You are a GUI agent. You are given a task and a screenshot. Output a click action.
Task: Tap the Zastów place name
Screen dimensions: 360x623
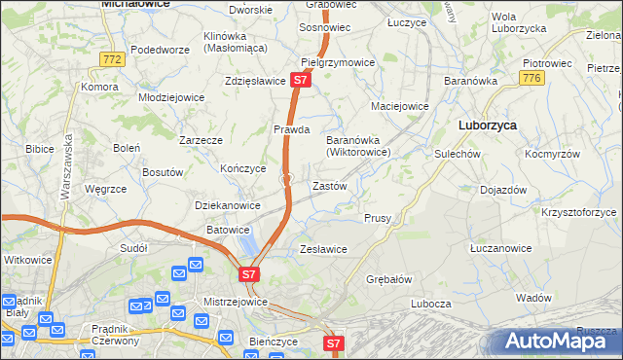pyautogui.click(x=329, y=185)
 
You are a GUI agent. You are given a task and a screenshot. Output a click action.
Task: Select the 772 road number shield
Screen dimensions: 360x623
pyautogui.click(x=113, y=60)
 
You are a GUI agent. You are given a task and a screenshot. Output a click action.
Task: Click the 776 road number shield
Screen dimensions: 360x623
pyautogui.click(x=531, y=78)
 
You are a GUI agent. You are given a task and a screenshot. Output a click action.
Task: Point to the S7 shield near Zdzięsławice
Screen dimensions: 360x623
pyautogui.click(x=301, y=81)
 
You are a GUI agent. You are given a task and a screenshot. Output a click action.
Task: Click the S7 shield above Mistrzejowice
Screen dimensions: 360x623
pyautogui.click(x=249, y=275)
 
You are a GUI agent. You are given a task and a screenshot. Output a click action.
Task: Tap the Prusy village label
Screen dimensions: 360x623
pyautogui.click(x=378, y=219)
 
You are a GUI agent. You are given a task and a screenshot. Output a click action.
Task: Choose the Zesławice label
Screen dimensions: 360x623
pyautogui.click(x=323, y=249)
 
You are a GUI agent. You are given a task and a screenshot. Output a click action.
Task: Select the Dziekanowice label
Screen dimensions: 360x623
pyautogui.click(x=228, y=205)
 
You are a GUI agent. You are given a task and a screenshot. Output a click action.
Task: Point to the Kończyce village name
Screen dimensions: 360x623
pyautogui.click(x=243, y=167)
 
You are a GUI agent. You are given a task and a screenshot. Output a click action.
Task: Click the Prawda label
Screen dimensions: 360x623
pyautogui.click(x=291, y=128)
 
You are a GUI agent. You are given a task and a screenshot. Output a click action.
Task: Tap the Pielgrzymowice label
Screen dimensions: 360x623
pyautogui.click(x=339, y=62)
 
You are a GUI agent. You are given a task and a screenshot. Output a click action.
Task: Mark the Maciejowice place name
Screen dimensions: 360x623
pyautogui.click(x=400, y=105)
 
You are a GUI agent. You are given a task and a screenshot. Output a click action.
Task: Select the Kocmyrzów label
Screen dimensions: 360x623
pyautogui.click(x=552, y=154)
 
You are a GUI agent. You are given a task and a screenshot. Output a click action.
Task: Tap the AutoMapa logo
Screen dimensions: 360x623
pyautogui.click(x=560, y=342)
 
